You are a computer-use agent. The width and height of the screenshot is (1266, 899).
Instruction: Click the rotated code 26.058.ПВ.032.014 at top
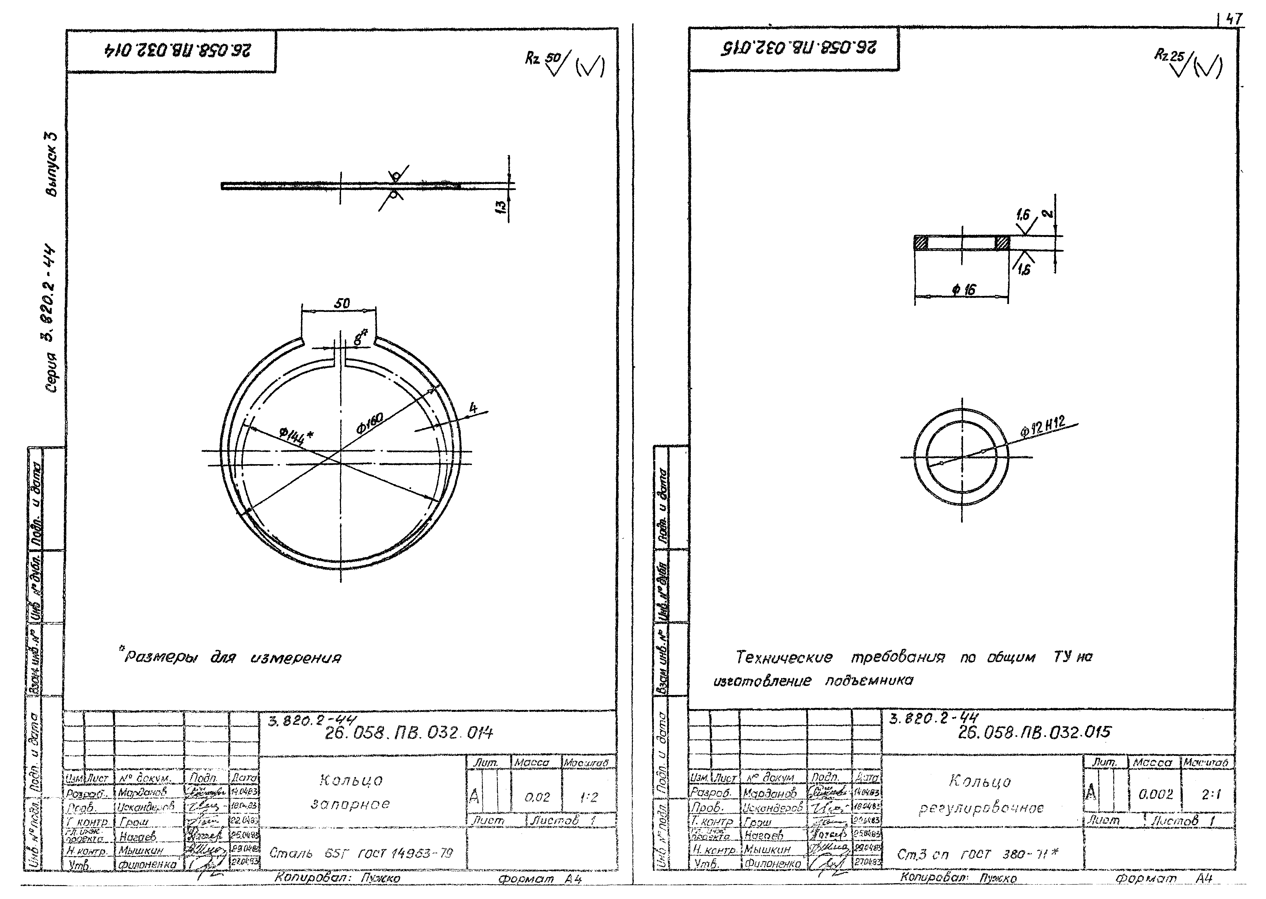177,51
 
